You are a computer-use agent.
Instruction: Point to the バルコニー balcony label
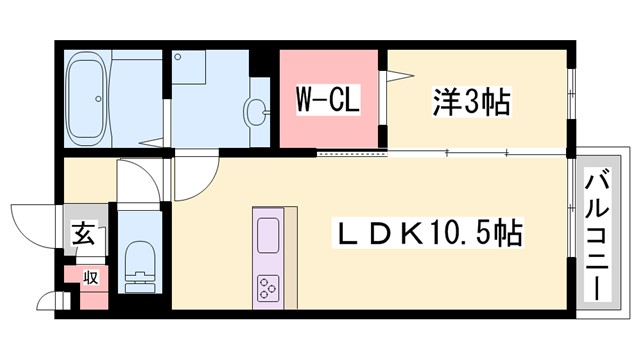coord(597,238)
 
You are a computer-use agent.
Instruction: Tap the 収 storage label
coord(90,277)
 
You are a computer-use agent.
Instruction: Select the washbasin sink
coord(256,110)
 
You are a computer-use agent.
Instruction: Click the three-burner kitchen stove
coord(269,287)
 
